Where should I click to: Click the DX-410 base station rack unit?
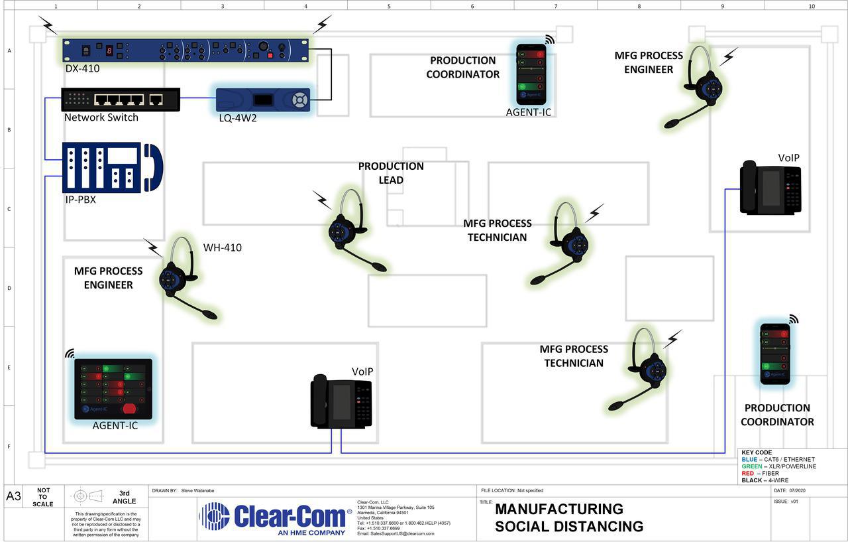click(x=185, y=50)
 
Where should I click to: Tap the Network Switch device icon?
click(x=121, y=100)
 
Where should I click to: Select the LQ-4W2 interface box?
click(x=263, y=100)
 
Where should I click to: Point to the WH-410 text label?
click(x=223, y=248)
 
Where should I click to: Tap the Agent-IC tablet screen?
click(x=113, y=389)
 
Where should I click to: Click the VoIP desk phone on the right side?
click(x=770, y=188)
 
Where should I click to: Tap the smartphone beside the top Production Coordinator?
click(x=531, y=74)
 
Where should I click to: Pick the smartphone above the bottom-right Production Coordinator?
click(x=775, y=354)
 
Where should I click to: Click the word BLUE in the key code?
click(x=749, y=459)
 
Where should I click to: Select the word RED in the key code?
click(x=748, y=473)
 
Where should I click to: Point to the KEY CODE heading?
click(x=757, y=452)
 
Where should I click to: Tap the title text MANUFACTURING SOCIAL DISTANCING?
click(x=568, y=517)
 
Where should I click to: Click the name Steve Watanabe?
click(x=197, y=490)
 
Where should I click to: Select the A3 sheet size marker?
click(x=13, y=496)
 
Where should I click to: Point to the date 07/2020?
click(x=798, y=490)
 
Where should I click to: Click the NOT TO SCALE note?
click(x=43, y=496)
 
